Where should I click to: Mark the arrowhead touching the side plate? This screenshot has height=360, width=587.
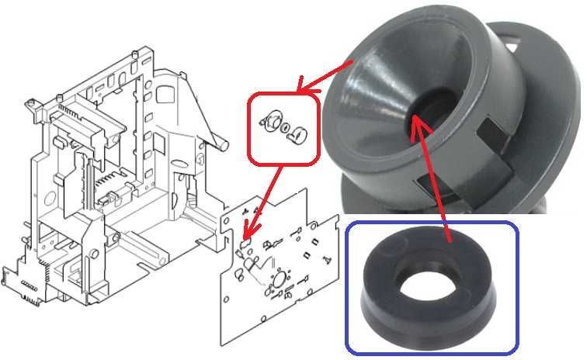click(246, 234)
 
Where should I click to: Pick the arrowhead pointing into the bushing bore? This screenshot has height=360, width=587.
click(415, 117)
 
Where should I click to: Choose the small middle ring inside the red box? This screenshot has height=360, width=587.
click(284, 126)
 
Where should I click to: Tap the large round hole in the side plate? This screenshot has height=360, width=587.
click(277, 279)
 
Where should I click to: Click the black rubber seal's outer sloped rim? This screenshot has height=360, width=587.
click(388, 306)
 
